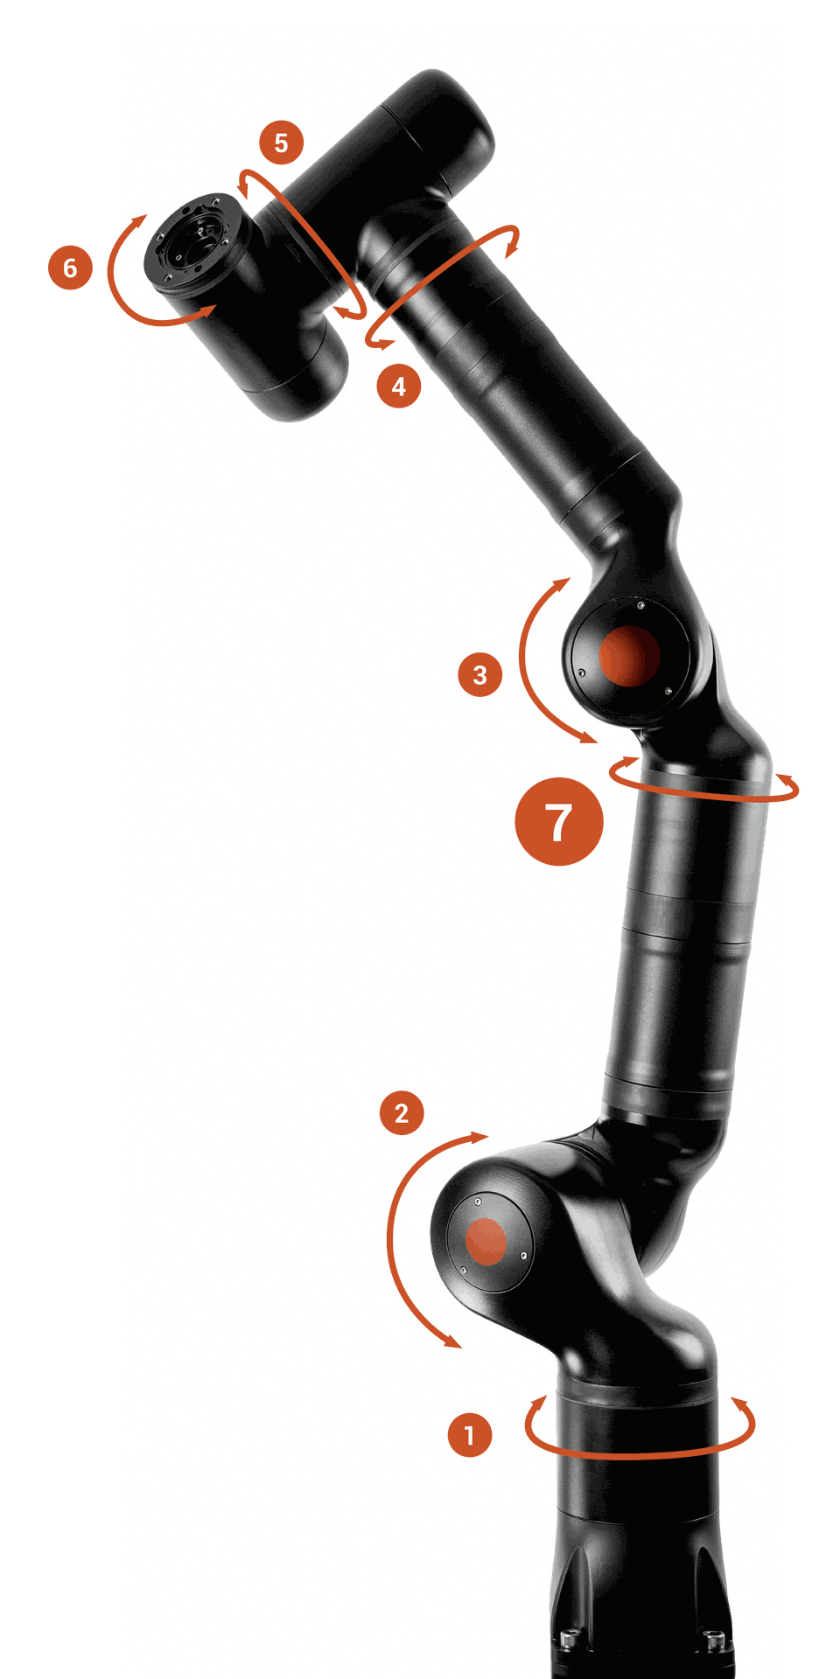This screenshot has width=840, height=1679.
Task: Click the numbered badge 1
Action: click(x=469, y=1435)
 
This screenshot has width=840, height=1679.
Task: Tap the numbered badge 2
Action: click(x=402, y=1113)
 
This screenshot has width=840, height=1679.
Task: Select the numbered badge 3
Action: click(x=479, y=675)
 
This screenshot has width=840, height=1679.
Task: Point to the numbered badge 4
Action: click(x=399, y=386)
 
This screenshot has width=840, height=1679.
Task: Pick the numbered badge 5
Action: click(x=281, y=143)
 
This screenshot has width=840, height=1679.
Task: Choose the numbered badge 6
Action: click(x=70, y=268)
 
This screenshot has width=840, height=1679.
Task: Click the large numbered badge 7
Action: click(x=559, y=822)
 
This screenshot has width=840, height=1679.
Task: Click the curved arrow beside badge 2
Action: click(x=395, y=1242)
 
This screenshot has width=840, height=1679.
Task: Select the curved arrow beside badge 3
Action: click(x=525, y=665)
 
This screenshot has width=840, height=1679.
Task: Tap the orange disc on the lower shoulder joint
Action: click(x=486, y=1242)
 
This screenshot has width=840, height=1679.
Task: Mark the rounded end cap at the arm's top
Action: click(x=455, y=105)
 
